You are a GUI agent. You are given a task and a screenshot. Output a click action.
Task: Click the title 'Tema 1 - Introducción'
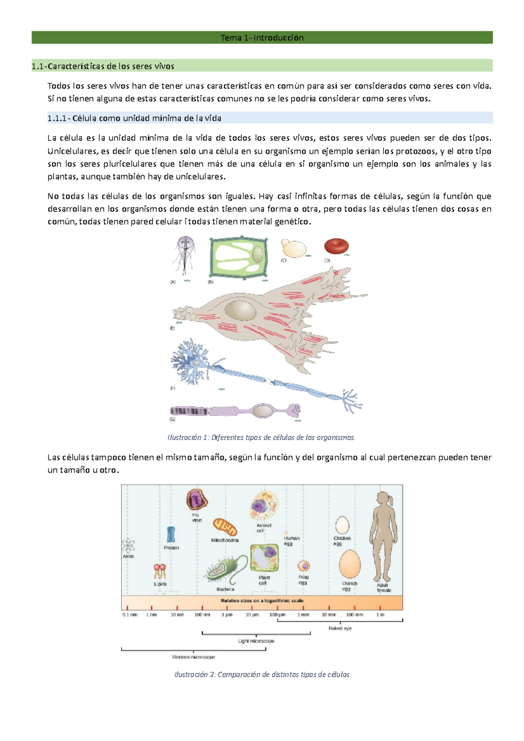click(262, 38)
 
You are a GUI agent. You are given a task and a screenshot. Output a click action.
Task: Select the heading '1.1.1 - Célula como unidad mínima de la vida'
click(134, 118)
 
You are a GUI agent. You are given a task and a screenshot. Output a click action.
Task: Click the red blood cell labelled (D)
click(336, 247)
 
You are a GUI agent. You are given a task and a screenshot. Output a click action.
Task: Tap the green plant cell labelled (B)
click(238, 257)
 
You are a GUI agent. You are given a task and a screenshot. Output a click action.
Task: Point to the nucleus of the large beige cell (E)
click(240, 311)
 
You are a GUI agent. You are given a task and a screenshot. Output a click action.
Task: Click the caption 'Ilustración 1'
click(261, 437)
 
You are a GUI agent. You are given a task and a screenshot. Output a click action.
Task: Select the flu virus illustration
click(196, 500)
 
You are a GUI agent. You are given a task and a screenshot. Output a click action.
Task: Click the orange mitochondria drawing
click(225, 527)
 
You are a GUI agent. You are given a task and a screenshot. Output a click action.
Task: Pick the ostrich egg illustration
click(350, 564)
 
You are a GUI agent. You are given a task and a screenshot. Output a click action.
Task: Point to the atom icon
click(128, 545)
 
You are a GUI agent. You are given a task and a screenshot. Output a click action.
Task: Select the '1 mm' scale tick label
click(303, 615)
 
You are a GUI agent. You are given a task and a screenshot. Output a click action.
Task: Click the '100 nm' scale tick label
click(202, 615)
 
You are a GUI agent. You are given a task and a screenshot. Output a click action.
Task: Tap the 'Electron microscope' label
click(193, 657)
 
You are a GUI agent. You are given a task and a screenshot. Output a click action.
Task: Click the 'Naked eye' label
click(340, 628)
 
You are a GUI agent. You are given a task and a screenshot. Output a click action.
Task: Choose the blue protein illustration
click(171, 535)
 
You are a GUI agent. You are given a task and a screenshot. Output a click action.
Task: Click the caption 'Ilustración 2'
click(262, 674)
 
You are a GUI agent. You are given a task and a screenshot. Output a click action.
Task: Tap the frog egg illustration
click(304, 566)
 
